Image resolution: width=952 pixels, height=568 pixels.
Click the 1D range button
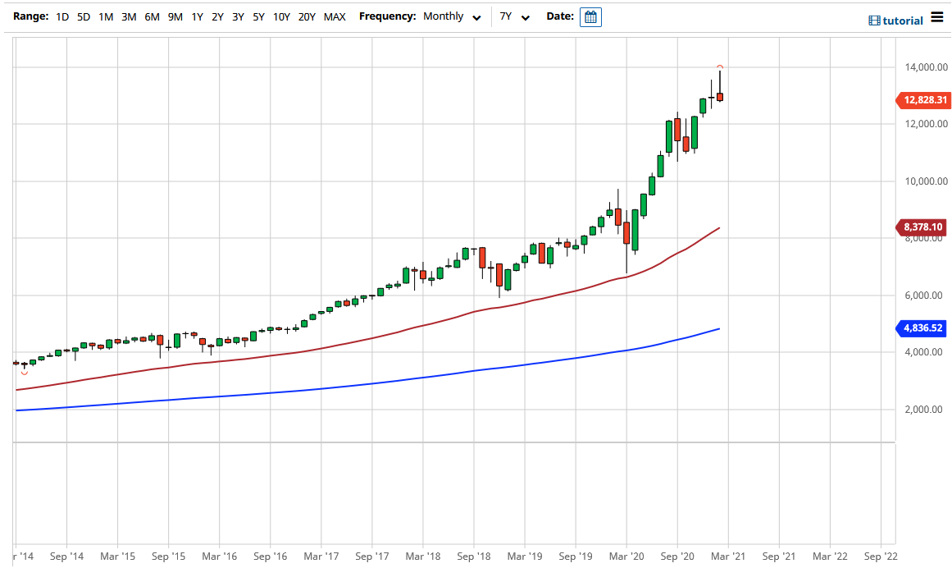click(62, 16)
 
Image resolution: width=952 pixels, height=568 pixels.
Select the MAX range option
click(335, 16)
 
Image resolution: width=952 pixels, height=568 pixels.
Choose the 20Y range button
click(307, 16)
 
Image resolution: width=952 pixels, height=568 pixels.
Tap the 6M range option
click(152, 16)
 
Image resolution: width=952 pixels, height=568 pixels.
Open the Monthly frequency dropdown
click(452, 16)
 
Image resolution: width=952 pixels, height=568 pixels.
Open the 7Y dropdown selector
click(514, 16)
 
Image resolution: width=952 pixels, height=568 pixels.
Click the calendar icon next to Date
click(590, 16)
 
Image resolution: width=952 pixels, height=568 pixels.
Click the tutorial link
click(896, 21)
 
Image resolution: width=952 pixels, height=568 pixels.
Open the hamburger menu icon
click(937, 18)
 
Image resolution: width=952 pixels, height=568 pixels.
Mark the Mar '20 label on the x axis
click(626, 556)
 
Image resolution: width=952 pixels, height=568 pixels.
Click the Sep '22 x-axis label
click(880, 556)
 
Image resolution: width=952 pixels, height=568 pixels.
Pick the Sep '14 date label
click(66, 556)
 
